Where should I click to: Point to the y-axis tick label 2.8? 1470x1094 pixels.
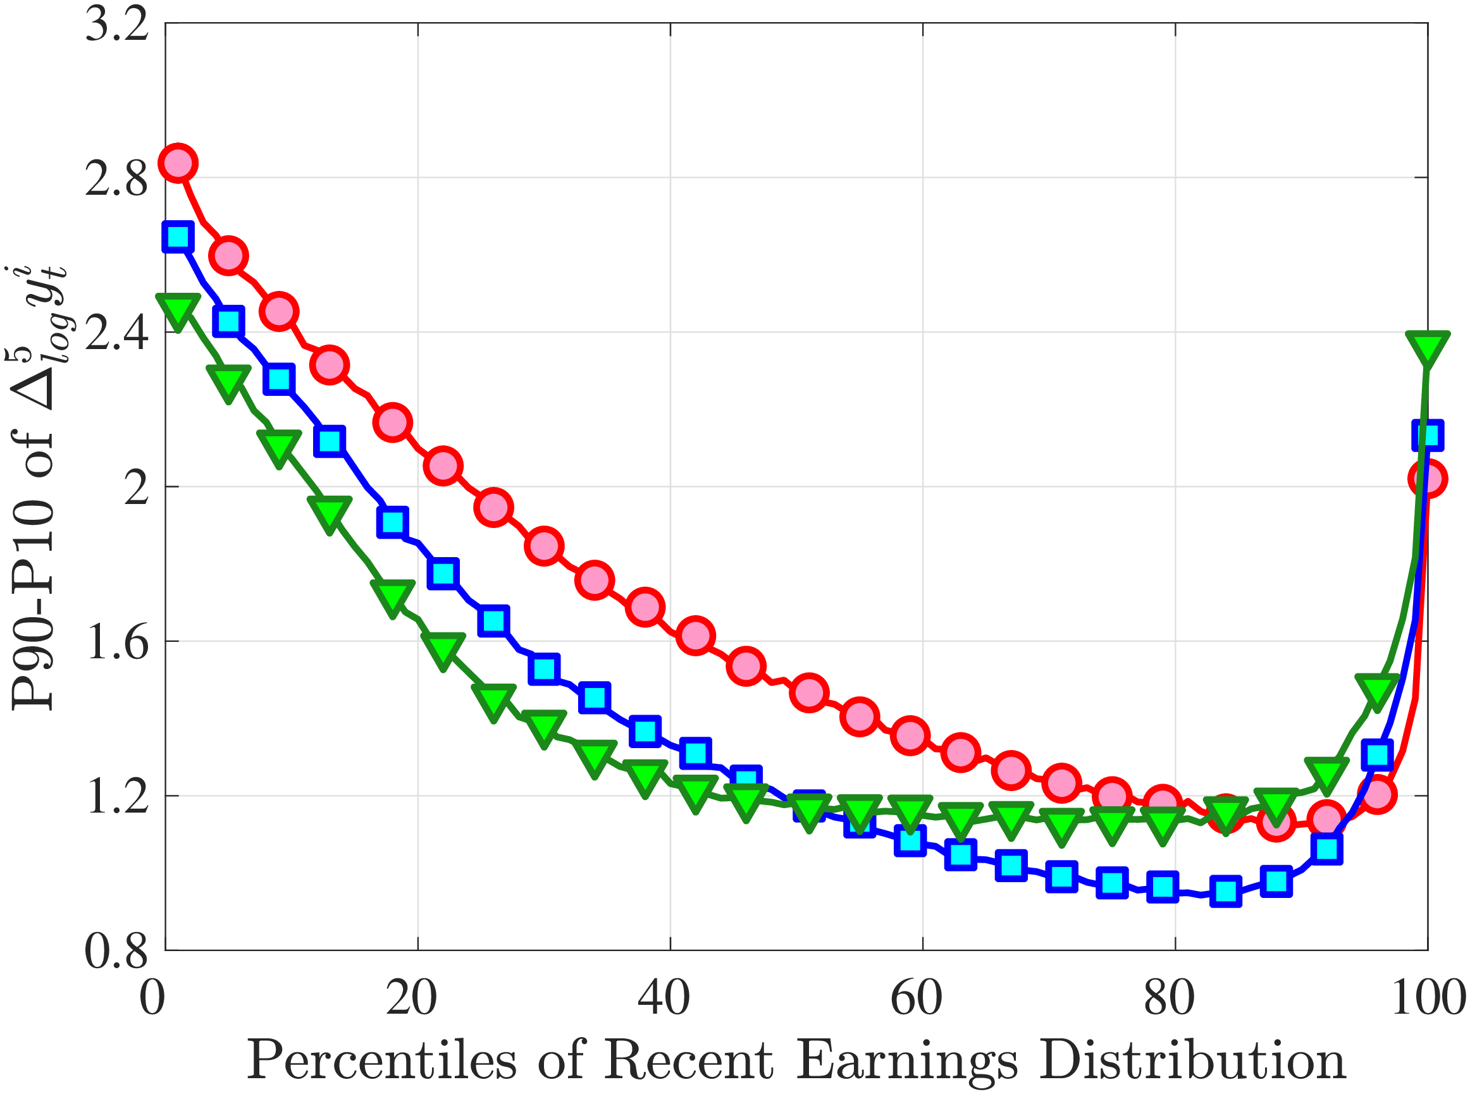pos(116,179)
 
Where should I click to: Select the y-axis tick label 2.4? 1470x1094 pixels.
pos(116,333)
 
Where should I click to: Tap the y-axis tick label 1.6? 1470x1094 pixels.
pos(116,642)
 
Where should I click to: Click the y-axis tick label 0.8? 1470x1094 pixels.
pos(116,952)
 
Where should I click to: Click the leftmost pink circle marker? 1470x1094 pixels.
pos(178,163)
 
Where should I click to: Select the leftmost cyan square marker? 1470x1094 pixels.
pos(178,237)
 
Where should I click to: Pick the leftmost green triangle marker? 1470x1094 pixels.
pos(178,309)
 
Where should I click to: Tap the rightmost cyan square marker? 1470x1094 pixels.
pos(1427,435)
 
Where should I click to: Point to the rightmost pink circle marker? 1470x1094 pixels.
pos(1427,478)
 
